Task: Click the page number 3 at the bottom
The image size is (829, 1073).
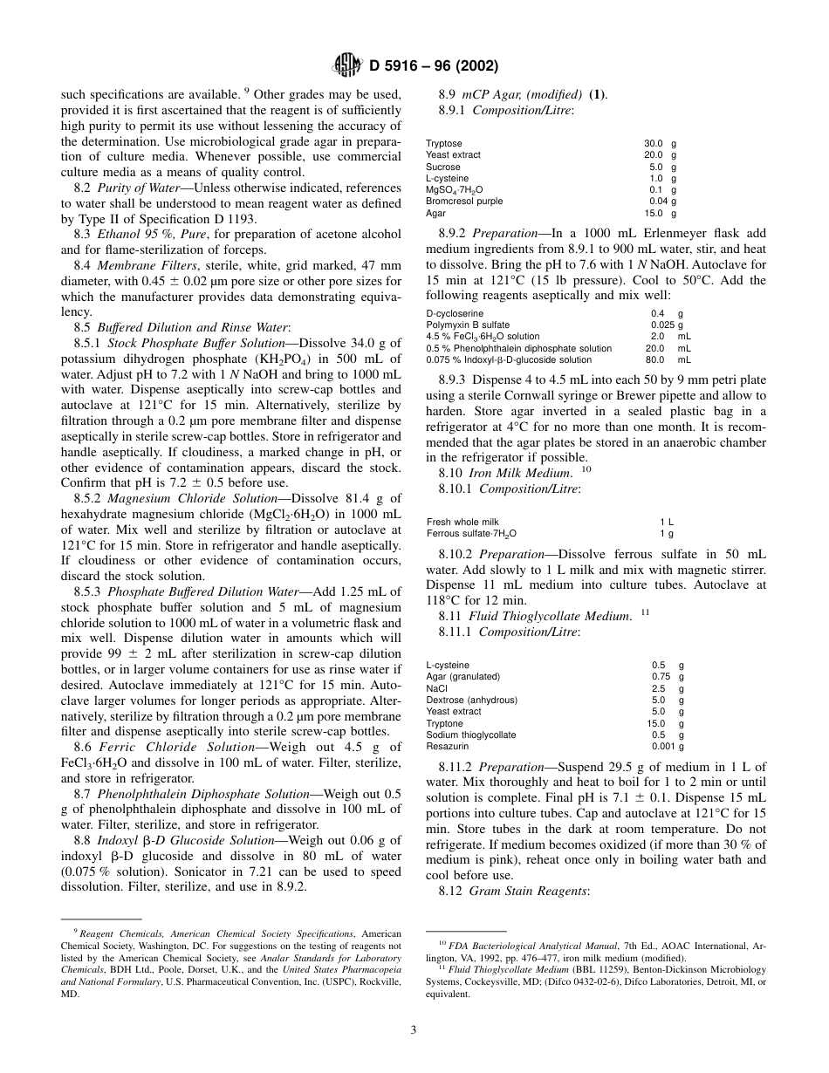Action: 414,1029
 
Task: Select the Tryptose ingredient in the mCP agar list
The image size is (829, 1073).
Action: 444,143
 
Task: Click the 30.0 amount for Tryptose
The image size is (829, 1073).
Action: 654,143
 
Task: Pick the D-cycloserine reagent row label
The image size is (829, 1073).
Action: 452,313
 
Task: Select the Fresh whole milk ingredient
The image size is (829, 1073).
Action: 462,522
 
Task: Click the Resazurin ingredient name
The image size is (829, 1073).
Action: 447,746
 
